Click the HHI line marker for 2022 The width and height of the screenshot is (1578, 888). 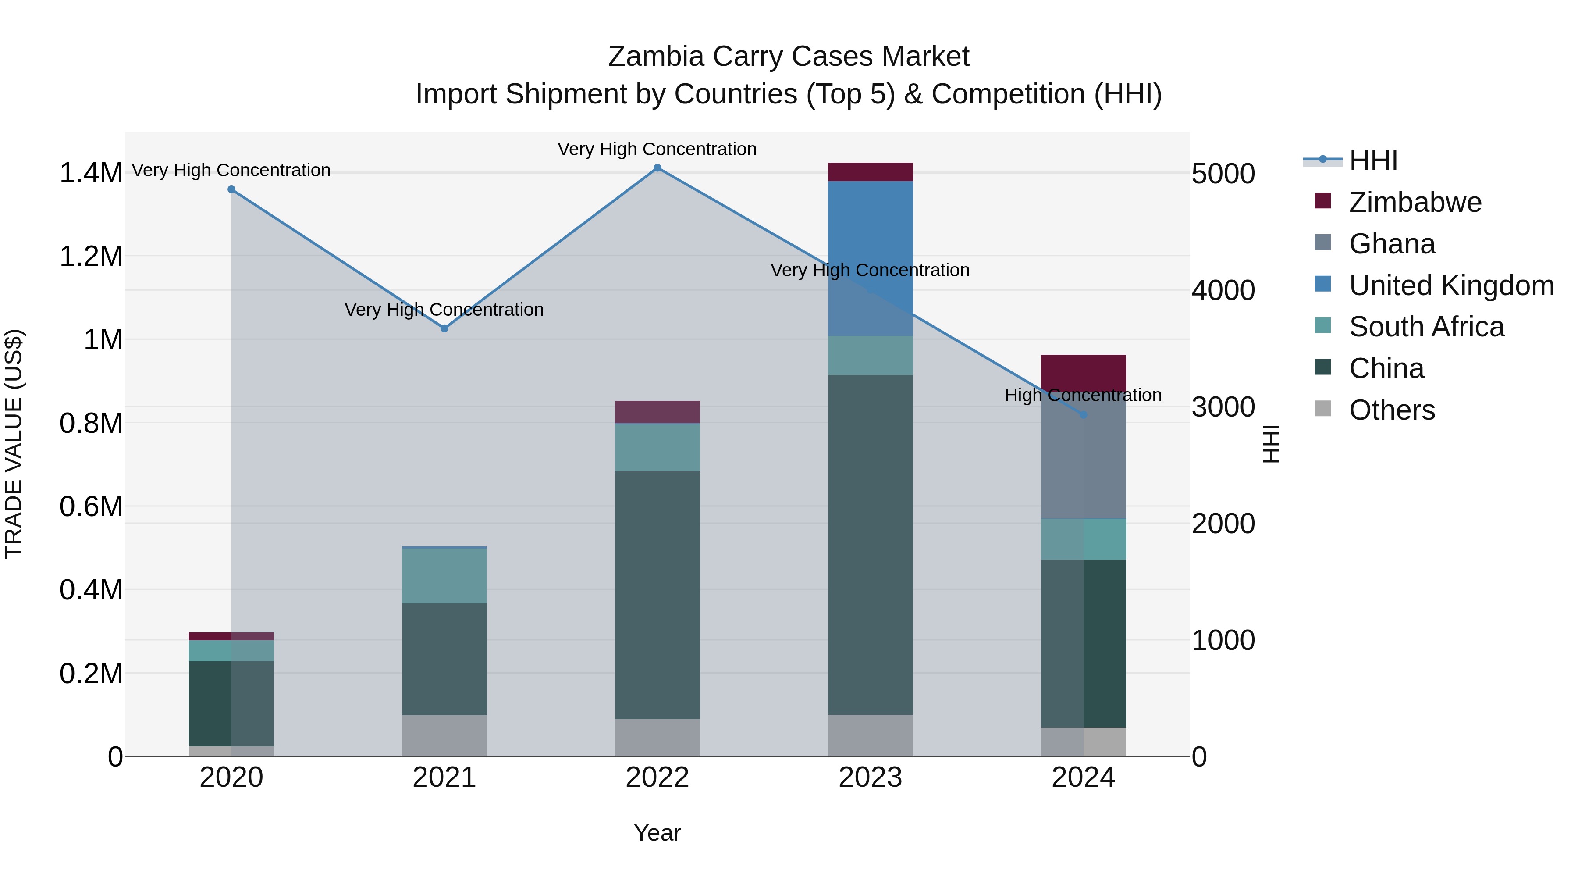tap(657, 168)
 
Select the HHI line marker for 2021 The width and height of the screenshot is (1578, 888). tap(445, 328)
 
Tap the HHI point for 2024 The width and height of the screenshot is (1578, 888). tap(1083, 415)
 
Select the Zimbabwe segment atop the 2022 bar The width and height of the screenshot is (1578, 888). tap(657, 412)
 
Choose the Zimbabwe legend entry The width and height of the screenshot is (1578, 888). tap(1415, 202)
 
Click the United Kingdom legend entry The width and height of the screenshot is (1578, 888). tap(1450, 285)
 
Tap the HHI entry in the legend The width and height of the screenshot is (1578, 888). tap(1373, 160)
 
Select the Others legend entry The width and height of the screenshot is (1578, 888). tap(1391, 410)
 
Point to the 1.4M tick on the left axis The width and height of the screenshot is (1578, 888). tap(91, 173)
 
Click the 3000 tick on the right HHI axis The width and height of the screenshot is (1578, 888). tap(1223, 407)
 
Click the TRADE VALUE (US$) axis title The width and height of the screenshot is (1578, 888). tap(14, 444)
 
